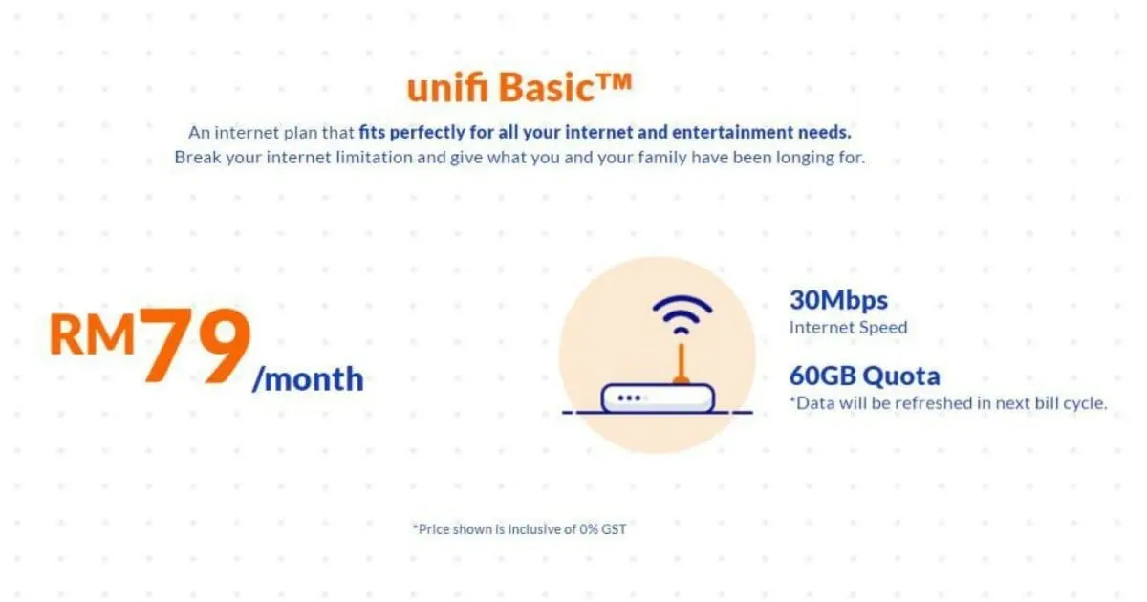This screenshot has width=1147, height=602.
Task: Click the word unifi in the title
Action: click(x=447, y=87)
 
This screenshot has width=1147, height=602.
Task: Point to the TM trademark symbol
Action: click(x=614, y=82)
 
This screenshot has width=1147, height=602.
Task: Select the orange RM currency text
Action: click(x=92, y=334)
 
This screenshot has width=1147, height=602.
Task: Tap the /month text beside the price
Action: click(x=308, y=378)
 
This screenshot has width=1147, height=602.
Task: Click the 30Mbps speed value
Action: click(x=838, y=300)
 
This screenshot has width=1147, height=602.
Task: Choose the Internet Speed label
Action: click(x=848, y=327)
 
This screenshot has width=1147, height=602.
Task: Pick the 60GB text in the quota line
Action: click(x=822, y=376)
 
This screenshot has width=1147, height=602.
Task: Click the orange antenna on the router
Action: click(x=681, y=363)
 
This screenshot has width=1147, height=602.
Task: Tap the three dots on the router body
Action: click(x=629, y=398)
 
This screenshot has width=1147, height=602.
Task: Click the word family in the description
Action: click(x=661, y=158)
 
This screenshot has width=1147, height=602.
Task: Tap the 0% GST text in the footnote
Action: click(x=603, y=529)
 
